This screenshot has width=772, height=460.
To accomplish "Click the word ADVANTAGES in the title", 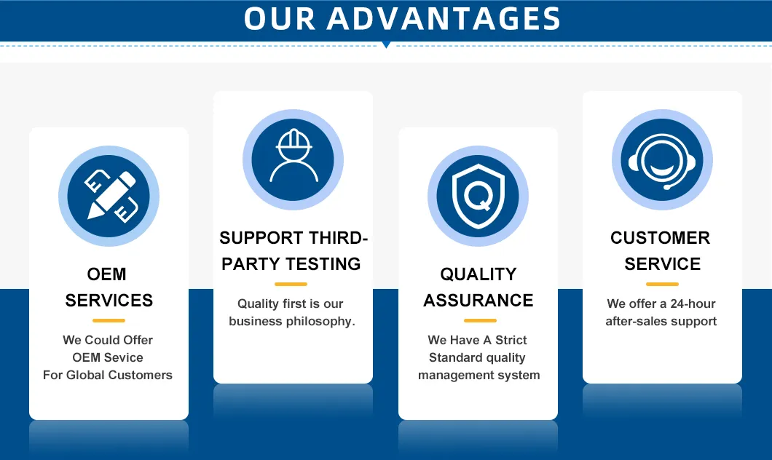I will (444, 19).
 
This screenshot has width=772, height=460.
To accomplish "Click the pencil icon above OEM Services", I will (109, 196).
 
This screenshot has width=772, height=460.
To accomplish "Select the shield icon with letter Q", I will (478, 196).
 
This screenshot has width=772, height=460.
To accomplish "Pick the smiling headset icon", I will (662, 159).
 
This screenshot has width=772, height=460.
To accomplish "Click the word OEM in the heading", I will (107, 274).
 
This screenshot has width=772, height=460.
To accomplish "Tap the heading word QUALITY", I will (478, 274).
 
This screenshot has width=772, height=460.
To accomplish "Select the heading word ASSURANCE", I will (478, 300).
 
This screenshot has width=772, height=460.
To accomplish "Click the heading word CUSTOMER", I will (660, 238).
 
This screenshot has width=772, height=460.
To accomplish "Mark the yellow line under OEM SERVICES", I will (109, 320).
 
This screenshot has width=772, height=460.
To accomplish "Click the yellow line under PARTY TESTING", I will (291, 284).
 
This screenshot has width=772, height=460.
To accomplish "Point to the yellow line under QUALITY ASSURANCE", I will (480, 320).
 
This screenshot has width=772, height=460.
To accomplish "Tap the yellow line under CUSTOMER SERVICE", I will (662, 284).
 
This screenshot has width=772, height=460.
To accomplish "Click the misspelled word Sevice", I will (122, 357).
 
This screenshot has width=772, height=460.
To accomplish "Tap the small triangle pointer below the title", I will (386, 45).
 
